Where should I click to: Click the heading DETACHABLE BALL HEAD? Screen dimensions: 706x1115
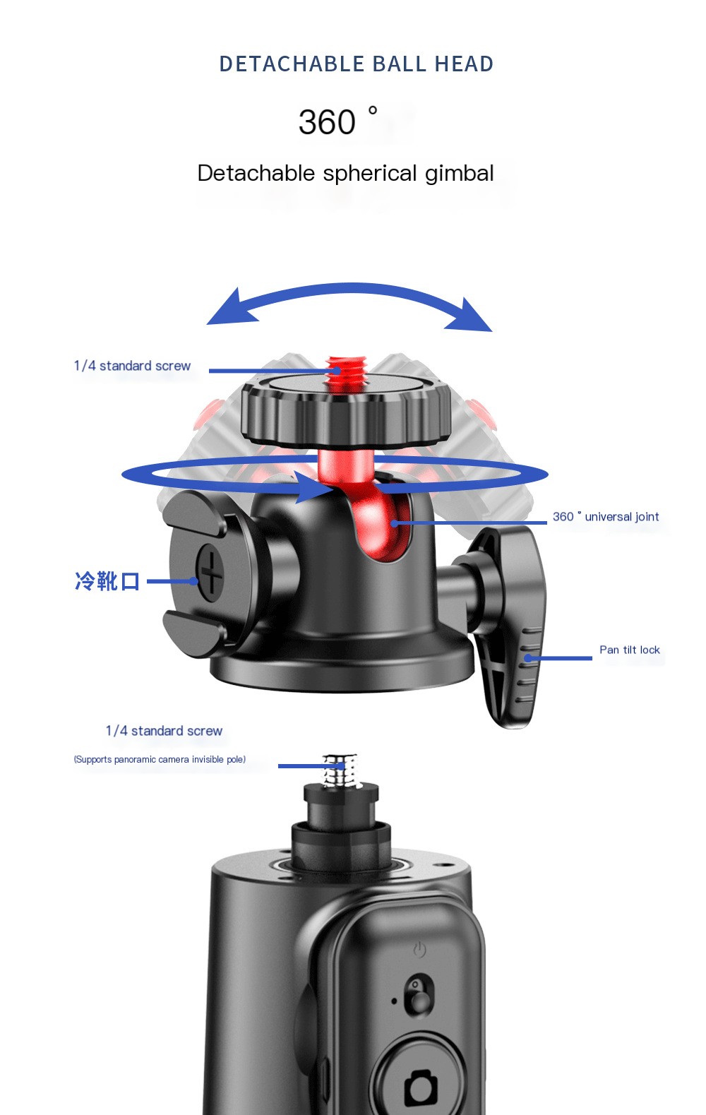coord(357,64)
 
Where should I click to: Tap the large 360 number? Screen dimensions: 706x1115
coord(327,122)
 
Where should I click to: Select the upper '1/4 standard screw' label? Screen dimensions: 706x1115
coord(132,366)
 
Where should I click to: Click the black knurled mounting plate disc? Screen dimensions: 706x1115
coord(346,410)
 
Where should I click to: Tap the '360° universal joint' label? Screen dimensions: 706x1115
coord(606,517)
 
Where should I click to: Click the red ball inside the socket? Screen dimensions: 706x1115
coord(381,523)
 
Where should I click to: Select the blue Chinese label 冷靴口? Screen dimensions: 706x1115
coord(107,581)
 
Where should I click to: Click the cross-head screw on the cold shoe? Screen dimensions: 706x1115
coord(211,573)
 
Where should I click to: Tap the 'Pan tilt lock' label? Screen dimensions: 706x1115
coord(629,650)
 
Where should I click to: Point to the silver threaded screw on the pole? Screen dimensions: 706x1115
coord(341,770)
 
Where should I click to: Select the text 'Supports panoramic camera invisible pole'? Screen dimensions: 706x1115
coord(160,760)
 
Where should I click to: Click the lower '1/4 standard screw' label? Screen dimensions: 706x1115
coord(164,731)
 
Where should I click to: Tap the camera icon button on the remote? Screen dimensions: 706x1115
coord(421,1085)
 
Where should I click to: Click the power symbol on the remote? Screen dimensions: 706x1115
coord(419,950)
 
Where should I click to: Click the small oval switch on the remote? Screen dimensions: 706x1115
coord(419,996)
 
